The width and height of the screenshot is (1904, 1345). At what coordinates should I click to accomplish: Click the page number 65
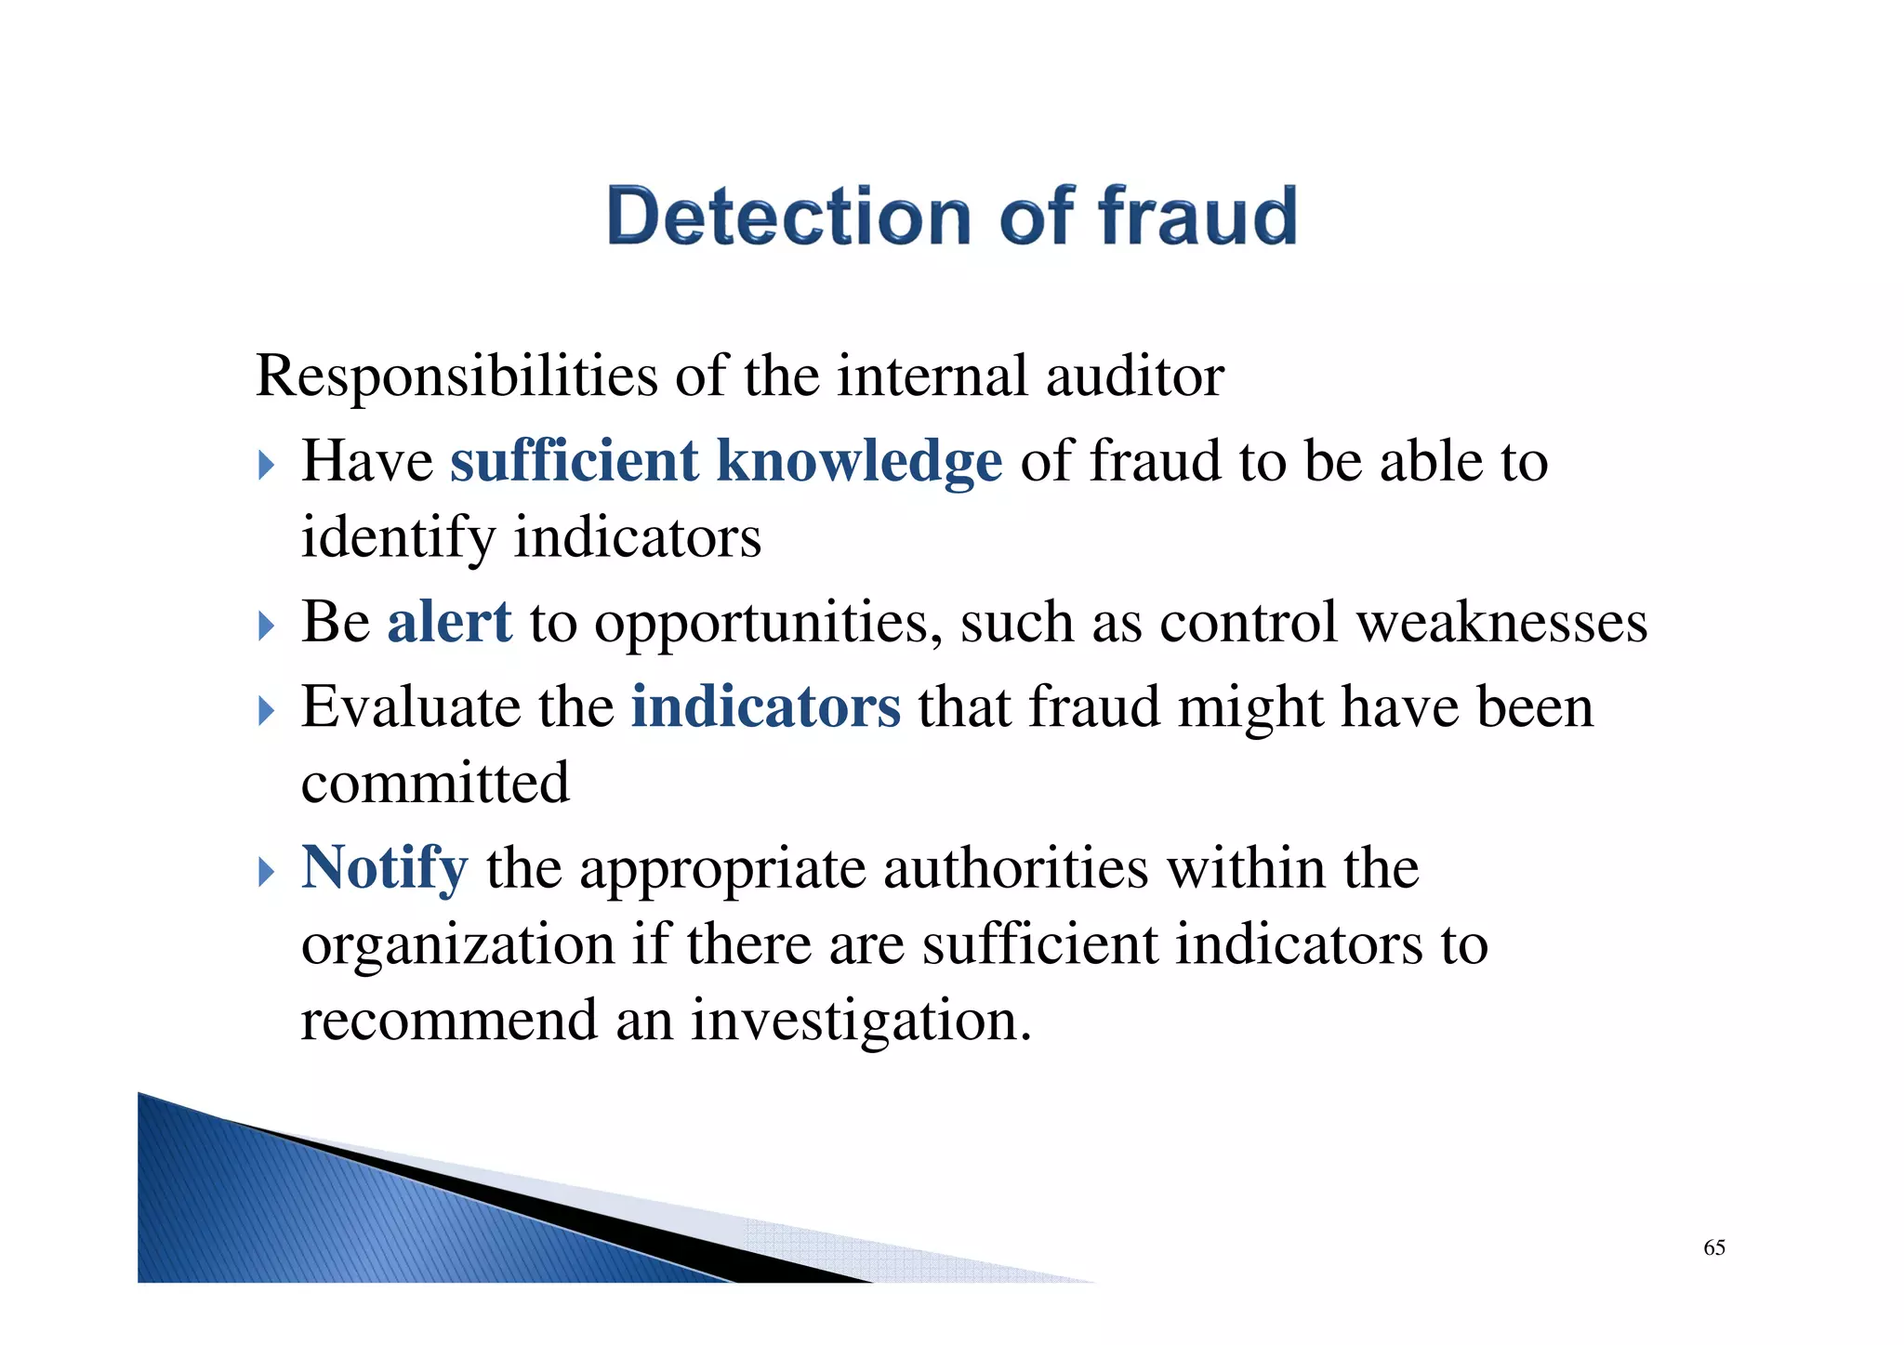1713,1247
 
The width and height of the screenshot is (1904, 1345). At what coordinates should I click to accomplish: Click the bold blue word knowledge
859,461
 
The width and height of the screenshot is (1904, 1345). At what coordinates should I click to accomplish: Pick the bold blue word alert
449,622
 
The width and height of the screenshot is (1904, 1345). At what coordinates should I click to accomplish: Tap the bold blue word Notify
384,868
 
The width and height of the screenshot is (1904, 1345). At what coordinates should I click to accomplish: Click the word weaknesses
1501,622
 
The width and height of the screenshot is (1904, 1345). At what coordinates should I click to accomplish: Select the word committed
435,783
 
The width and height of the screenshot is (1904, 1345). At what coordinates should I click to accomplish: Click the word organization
457,945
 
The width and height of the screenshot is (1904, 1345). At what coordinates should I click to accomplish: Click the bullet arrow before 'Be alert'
267,626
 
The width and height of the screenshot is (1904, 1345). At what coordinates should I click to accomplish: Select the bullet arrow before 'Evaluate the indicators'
267,711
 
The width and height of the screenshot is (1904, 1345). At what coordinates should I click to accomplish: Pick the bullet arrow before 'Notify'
267,872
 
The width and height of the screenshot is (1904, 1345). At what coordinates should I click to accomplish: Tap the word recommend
449,1021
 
